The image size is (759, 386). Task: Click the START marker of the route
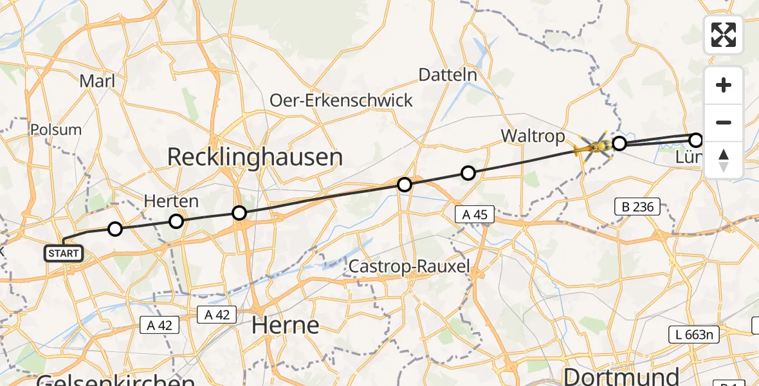pos(63,253)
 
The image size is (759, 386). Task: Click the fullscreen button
pos(724,35)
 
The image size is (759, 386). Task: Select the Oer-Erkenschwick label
pos(341,100)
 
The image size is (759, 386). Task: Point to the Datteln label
pos(448,75)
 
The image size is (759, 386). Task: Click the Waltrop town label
pos(533,136)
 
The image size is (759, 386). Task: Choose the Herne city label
pos(285,325)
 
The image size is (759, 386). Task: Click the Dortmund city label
pos(621,376)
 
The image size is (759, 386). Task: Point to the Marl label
pos(98,81)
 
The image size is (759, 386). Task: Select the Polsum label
pos(56,129)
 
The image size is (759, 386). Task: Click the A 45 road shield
pos(475,215)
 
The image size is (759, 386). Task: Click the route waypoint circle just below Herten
pos(176,221)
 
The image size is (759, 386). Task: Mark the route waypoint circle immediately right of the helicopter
pos(619,143)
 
